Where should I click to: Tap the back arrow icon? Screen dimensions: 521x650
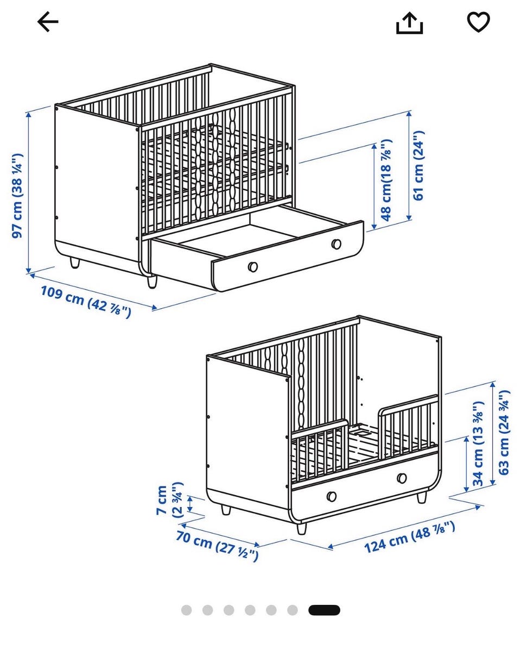[x=48, y=22]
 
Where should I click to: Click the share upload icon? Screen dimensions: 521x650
[x=409, y=23]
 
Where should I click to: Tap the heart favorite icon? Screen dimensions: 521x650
[x=478, y=22]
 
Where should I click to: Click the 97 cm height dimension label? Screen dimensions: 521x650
[x=17, y=196]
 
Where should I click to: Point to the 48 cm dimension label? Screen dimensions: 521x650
[x=386, y=180]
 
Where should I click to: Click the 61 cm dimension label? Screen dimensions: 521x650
[x=419, y=165]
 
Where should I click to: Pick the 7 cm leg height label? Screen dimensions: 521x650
[x=170, y=500]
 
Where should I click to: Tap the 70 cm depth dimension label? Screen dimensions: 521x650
[x=217, y=546]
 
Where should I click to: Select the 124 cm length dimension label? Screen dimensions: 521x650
[x=410, y=537]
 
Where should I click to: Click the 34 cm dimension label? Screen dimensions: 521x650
[x=478, y=443]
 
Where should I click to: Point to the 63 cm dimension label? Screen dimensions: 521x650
[x=504, y=433]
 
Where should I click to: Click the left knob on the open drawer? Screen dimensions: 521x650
[x=252, y=266]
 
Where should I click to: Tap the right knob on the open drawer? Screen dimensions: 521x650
[x=336, y=243]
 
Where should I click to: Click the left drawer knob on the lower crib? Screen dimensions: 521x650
[x=331, y=496]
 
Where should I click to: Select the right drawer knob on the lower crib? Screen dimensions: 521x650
[x=402, y=478]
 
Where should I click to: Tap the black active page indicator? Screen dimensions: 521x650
[x=324, y=610]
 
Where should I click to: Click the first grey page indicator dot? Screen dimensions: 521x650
[x=187, y=610]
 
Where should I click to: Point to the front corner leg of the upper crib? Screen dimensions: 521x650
[x=152, y=282]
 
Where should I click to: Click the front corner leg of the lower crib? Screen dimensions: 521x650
[x=301, y=528]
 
